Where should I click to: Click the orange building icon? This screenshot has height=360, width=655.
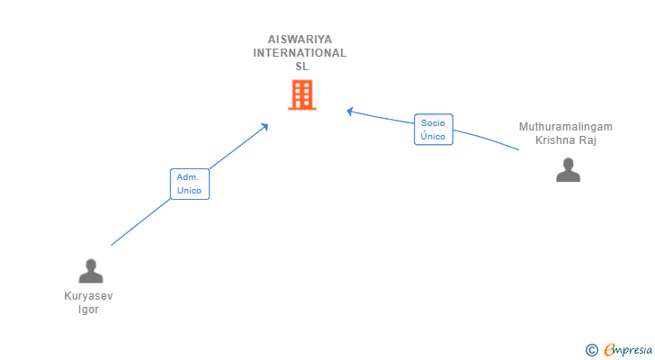click(301, 94)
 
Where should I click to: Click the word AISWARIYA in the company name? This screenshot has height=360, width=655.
click(300, 40)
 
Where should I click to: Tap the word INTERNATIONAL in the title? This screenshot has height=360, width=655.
click(300, 53)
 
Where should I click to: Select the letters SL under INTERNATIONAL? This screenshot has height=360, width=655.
click(301, 67)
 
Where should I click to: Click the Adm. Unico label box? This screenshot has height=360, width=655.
click(190, 184)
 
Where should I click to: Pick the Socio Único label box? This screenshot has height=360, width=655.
click(433, 130)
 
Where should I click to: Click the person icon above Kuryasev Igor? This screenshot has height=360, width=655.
click(90, 271)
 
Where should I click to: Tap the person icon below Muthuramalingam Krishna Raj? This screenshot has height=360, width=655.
click(568, 170)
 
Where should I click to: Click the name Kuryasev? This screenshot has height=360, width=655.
click(89, 296)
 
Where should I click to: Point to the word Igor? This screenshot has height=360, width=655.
click(89, 310)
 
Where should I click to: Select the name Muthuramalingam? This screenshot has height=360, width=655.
click(565, 127)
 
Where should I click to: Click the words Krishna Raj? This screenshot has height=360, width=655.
click(566, 140)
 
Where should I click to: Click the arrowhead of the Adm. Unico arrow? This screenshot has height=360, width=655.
click(265, 126)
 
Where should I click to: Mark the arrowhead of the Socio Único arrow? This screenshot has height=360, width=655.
click(350, 111)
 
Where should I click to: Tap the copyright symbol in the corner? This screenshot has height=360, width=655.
click(591, 349)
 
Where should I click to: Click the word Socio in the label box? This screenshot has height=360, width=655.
click(433, 123)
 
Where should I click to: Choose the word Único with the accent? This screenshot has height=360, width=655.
click(433, 137)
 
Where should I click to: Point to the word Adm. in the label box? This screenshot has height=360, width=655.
click(188, 177)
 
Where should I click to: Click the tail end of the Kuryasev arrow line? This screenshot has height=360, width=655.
click(112, 244)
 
